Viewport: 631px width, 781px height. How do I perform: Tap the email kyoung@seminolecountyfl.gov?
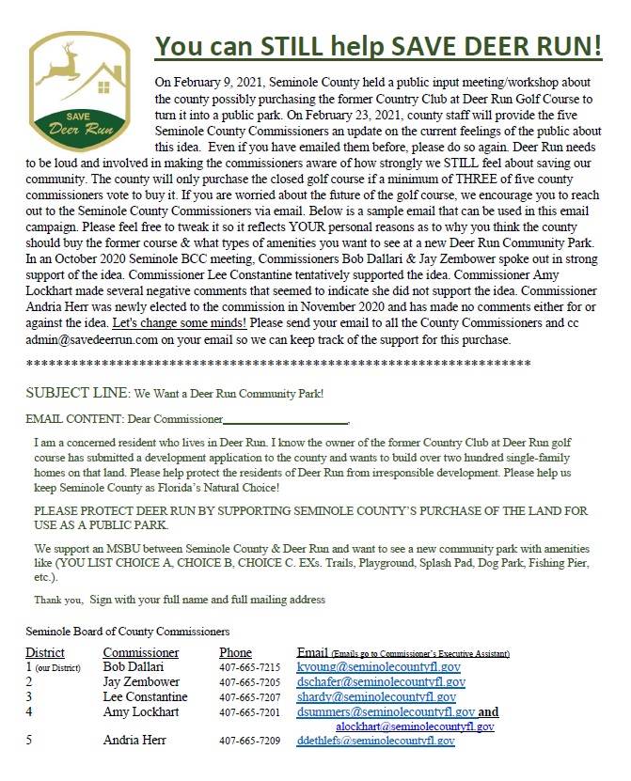point(375,666)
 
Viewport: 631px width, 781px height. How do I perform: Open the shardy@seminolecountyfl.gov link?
point(376,696)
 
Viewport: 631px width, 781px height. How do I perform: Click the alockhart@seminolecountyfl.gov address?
point(415,726)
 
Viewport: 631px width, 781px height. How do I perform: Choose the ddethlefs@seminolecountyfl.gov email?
point(375,741)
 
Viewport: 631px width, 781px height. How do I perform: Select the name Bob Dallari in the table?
point(133,666)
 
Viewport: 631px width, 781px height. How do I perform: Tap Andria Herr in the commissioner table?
point(135,741)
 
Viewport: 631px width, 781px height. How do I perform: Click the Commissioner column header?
point(140,652)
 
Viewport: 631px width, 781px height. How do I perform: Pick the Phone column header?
point(235,652)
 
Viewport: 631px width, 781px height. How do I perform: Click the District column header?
point(45,652)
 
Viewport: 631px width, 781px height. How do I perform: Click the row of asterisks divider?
point(277,363)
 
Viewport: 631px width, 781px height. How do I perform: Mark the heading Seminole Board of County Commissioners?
point(127,632)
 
